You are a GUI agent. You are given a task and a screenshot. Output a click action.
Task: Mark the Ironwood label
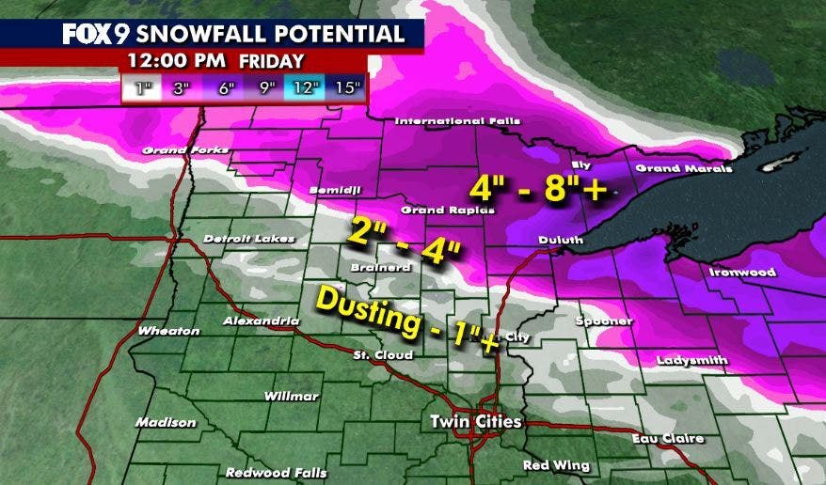(743, 273)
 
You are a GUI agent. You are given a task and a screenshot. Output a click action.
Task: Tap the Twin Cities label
(475, 420)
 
